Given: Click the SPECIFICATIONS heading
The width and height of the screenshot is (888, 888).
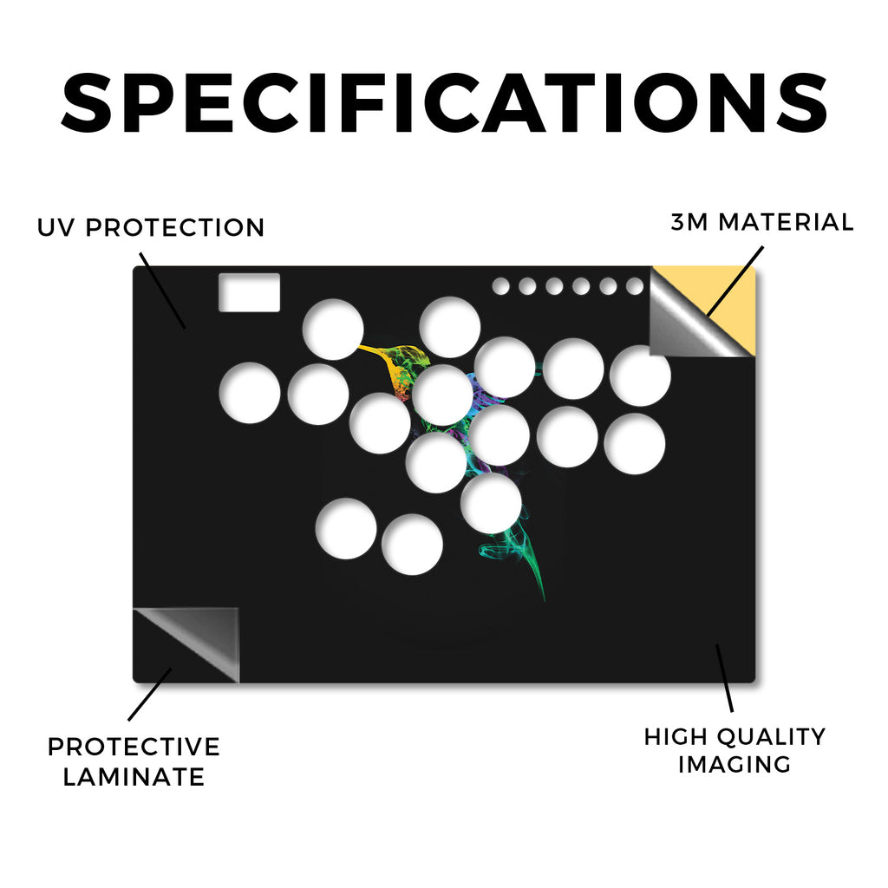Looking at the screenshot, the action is coord(445,103).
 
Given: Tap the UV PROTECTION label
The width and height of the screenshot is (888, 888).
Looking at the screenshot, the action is coord(151,228).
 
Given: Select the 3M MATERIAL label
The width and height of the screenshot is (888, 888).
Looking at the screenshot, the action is coord(762,222).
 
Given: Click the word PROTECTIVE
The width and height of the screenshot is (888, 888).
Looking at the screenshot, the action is coord(134,747).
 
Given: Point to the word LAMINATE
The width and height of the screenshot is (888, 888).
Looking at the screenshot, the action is coord(134,777).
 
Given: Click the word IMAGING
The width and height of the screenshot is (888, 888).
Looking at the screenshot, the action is coord(735,765).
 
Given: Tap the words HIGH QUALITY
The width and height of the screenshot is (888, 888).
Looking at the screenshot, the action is coord(735,737).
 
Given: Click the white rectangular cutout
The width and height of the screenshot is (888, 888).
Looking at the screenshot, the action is coord(249,292).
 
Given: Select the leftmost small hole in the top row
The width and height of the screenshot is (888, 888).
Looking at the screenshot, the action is coord(500,286).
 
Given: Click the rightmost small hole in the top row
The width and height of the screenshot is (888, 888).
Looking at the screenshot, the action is coord(635,286).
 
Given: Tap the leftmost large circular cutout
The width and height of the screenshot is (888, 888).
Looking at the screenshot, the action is coord(250,393).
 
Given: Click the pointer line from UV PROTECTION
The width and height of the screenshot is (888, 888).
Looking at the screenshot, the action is coord(162,291).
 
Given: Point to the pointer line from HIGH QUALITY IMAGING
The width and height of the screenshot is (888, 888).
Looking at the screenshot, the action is coord(724,678).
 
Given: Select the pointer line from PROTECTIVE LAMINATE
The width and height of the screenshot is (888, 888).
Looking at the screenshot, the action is coord(149,695).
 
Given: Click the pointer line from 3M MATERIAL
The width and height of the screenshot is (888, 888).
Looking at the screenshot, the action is coord(735,281).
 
